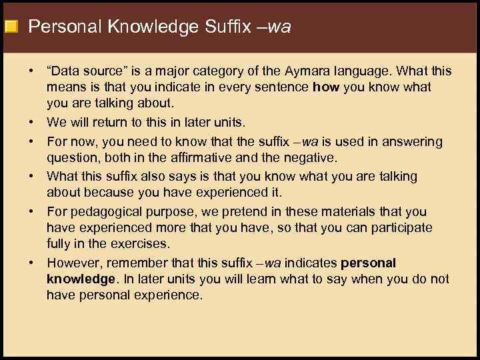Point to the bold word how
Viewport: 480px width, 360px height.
click(325, 87)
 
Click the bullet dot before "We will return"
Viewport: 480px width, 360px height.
click(31, 122)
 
